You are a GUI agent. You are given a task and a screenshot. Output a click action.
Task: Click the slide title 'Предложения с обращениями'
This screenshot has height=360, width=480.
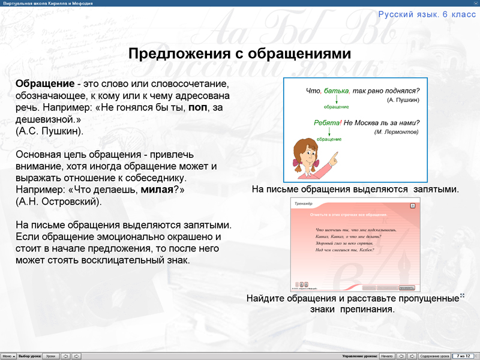(x=240, y=54)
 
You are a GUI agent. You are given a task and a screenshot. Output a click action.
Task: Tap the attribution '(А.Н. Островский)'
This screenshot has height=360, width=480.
(x=59, y=201)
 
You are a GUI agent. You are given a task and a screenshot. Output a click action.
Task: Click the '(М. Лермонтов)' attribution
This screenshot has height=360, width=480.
(x=396, y=131)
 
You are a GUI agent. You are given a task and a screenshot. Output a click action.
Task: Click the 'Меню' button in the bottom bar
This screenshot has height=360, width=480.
(x=8, y=356)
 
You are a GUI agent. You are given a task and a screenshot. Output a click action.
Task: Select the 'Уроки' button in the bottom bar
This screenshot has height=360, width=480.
(x=51, y=356)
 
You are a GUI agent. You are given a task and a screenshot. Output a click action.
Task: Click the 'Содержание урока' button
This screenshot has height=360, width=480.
(x=434, y=356)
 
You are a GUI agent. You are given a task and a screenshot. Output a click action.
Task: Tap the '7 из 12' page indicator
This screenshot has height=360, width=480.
(x=464, y=356)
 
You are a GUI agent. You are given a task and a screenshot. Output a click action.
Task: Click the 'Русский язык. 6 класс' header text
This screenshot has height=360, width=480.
(x=427, y=14)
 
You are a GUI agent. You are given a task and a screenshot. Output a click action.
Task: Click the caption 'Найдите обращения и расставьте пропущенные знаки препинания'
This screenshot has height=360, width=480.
(x=352, y=304)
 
